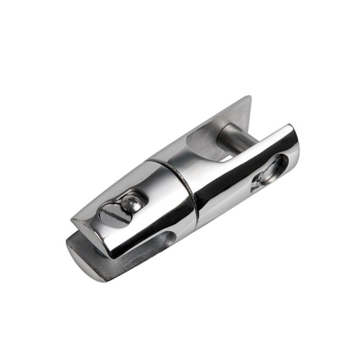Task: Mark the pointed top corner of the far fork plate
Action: [249, 97]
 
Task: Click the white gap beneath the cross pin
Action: [226, 159]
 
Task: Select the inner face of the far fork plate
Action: [206, 138]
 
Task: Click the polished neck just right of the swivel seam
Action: [206, 183]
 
